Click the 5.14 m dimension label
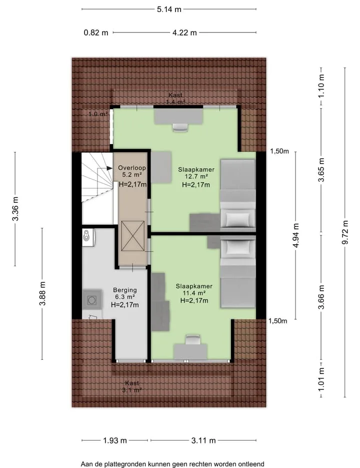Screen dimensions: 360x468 tap(169, 9)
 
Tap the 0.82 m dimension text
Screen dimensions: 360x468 tap(95, 33)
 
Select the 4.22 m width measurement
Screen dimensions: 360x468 tap(184, 33)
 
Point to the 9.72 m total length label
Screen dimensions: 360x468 tap(345, 232)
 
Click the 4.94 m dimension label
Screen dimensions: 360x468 tap(295, 235)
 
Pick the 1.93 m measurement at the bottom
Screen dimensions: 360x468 tap(115, 440)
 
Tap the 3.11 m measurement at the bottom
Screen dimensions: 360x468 tap(203, 440)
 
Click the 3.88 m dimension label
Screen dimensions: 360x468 tap(42, 294)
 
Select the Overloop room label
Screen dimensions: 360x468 tap(132, 168)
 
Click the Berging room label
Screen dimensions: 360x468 tap(125, 290)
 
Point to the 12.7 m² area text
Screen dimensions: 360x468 tap(196, 177)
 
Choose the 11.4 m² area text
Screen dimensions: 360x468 tap(194, 293)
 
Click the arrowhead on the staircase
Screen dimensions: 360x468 tap(109, 169)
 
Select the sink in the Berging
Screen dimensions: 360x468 tap(88, 238)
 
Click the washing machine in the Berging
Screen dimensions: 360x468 tap(91, 300)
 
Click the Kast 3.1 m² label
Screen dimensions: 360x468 tap(132, 386)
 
